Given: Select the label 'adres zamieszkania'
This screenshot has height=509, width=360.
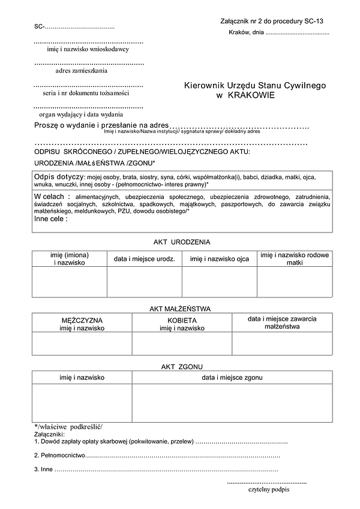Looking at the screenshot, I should point(82,71).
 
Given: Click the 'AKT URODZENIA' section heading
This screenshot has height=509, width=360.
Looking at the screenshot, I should point(182,242).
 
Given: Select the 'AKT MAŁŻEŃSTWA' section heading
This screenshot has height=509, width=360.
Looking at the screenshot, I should point(180,309).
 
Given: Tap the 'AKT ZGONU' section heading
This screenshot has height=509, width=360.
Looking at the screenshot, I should point(182,366).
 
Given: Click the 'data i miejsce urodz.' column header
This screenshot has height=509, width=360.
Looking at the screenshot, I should point(144,259).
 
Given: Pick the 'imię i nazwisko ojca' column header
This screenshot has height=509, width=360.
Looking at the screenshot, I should point(219,259).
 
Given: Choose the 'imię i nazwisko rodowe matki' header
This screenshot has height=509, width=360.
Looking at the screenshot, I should point(295,259).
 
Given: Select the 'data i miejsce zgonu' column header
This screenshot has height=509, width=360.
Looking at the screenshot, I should point(232,378).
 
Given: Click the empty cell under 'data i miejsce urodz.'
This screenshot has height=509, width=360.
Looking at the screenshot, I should point(144,282).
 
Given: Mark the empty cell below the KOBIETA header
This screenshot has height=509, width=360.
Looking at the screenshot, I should point(182,344).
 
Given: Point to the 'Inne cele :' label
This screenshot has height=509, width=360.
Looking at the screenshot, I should point(51,219).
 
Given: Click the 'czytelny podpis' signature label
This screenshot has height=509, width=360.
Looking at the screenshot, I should point(268,489).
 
